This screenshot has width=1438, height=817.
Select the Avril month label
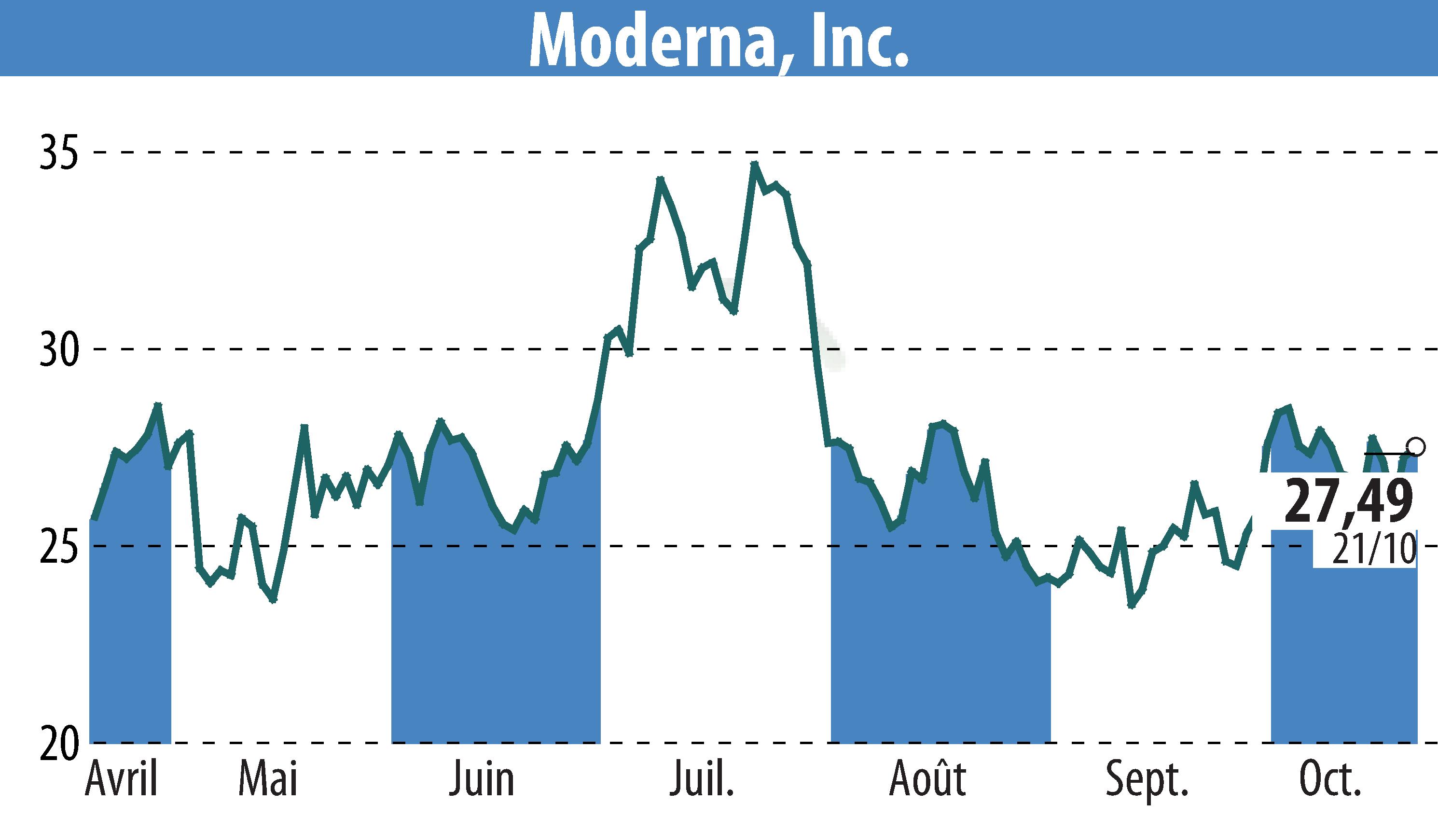coord(122,779)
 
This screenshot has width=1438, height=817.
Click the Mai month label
coord(268,779)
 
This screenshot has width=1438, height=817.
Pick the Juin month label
coord(482,779)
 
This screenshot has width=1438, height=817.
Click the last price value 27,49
coord(1348,501)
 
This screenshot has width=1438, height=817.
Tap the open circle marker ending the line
coord(1417,447)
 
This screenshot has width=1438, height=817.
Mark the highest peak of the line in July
coord(755,164)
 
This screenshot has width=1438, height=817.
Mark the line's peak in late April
coord(158,405)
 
